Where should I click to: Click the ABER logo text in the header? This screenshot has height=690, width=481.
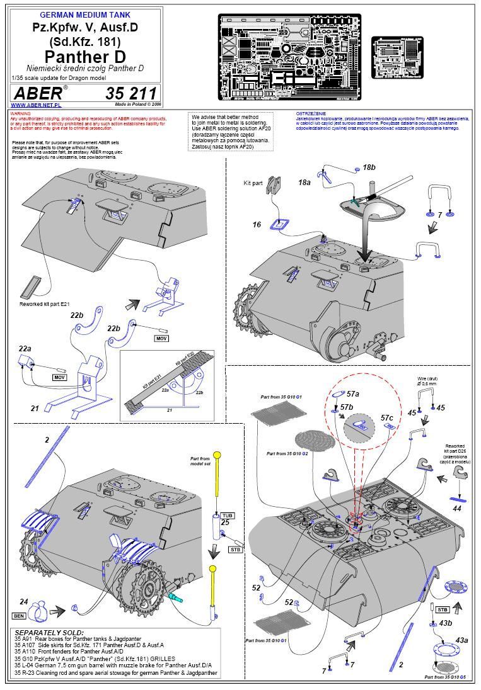[x=37, y=93]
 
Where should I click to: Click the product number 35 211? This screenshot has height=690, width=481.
[x=133, y=93]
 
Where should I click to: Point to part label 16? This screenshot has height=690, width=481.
[x=257, y=225]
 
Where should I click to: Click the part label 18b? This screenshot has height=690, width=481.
[x=369, y=167]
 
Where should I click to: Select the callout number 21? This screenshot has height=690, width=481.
[x=35, y=409]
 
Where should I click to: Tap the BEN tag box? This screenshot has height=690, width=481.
[x=18, y=614]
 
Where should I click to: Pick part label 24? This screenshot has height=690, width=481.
[x=24, y=601]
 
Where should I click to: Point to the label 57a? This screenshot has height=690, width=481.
[x=354, y=393]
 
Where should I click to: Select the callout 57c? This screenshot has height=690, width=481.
[x=387, y=417]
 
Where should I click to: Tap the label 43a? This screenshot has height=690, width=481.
[x=462, y=640]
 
